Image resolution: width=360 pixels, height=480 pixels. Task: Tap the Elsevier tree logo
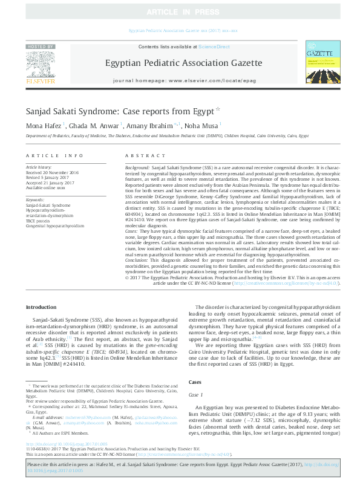click(41, 66)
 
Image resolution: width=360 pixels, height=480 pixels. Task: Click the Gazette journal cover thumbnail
click(319, 63)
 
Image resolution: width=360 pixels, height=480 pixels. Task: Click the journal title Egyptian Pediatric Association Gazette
click(180, 62)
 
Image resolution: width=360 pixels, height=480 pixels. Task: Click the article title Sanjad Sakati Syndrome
click(103, 112)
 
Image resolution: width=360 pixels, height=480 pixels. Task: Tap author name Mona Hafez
click(42, 126)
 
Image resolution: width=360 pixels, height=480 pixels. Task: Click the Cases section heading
click(195, 383)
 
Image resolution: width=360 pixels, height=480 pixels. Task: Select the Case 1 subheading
click(196, 394)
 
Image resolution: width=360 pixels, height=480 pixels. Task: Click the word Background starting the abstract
click(137, 166)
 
